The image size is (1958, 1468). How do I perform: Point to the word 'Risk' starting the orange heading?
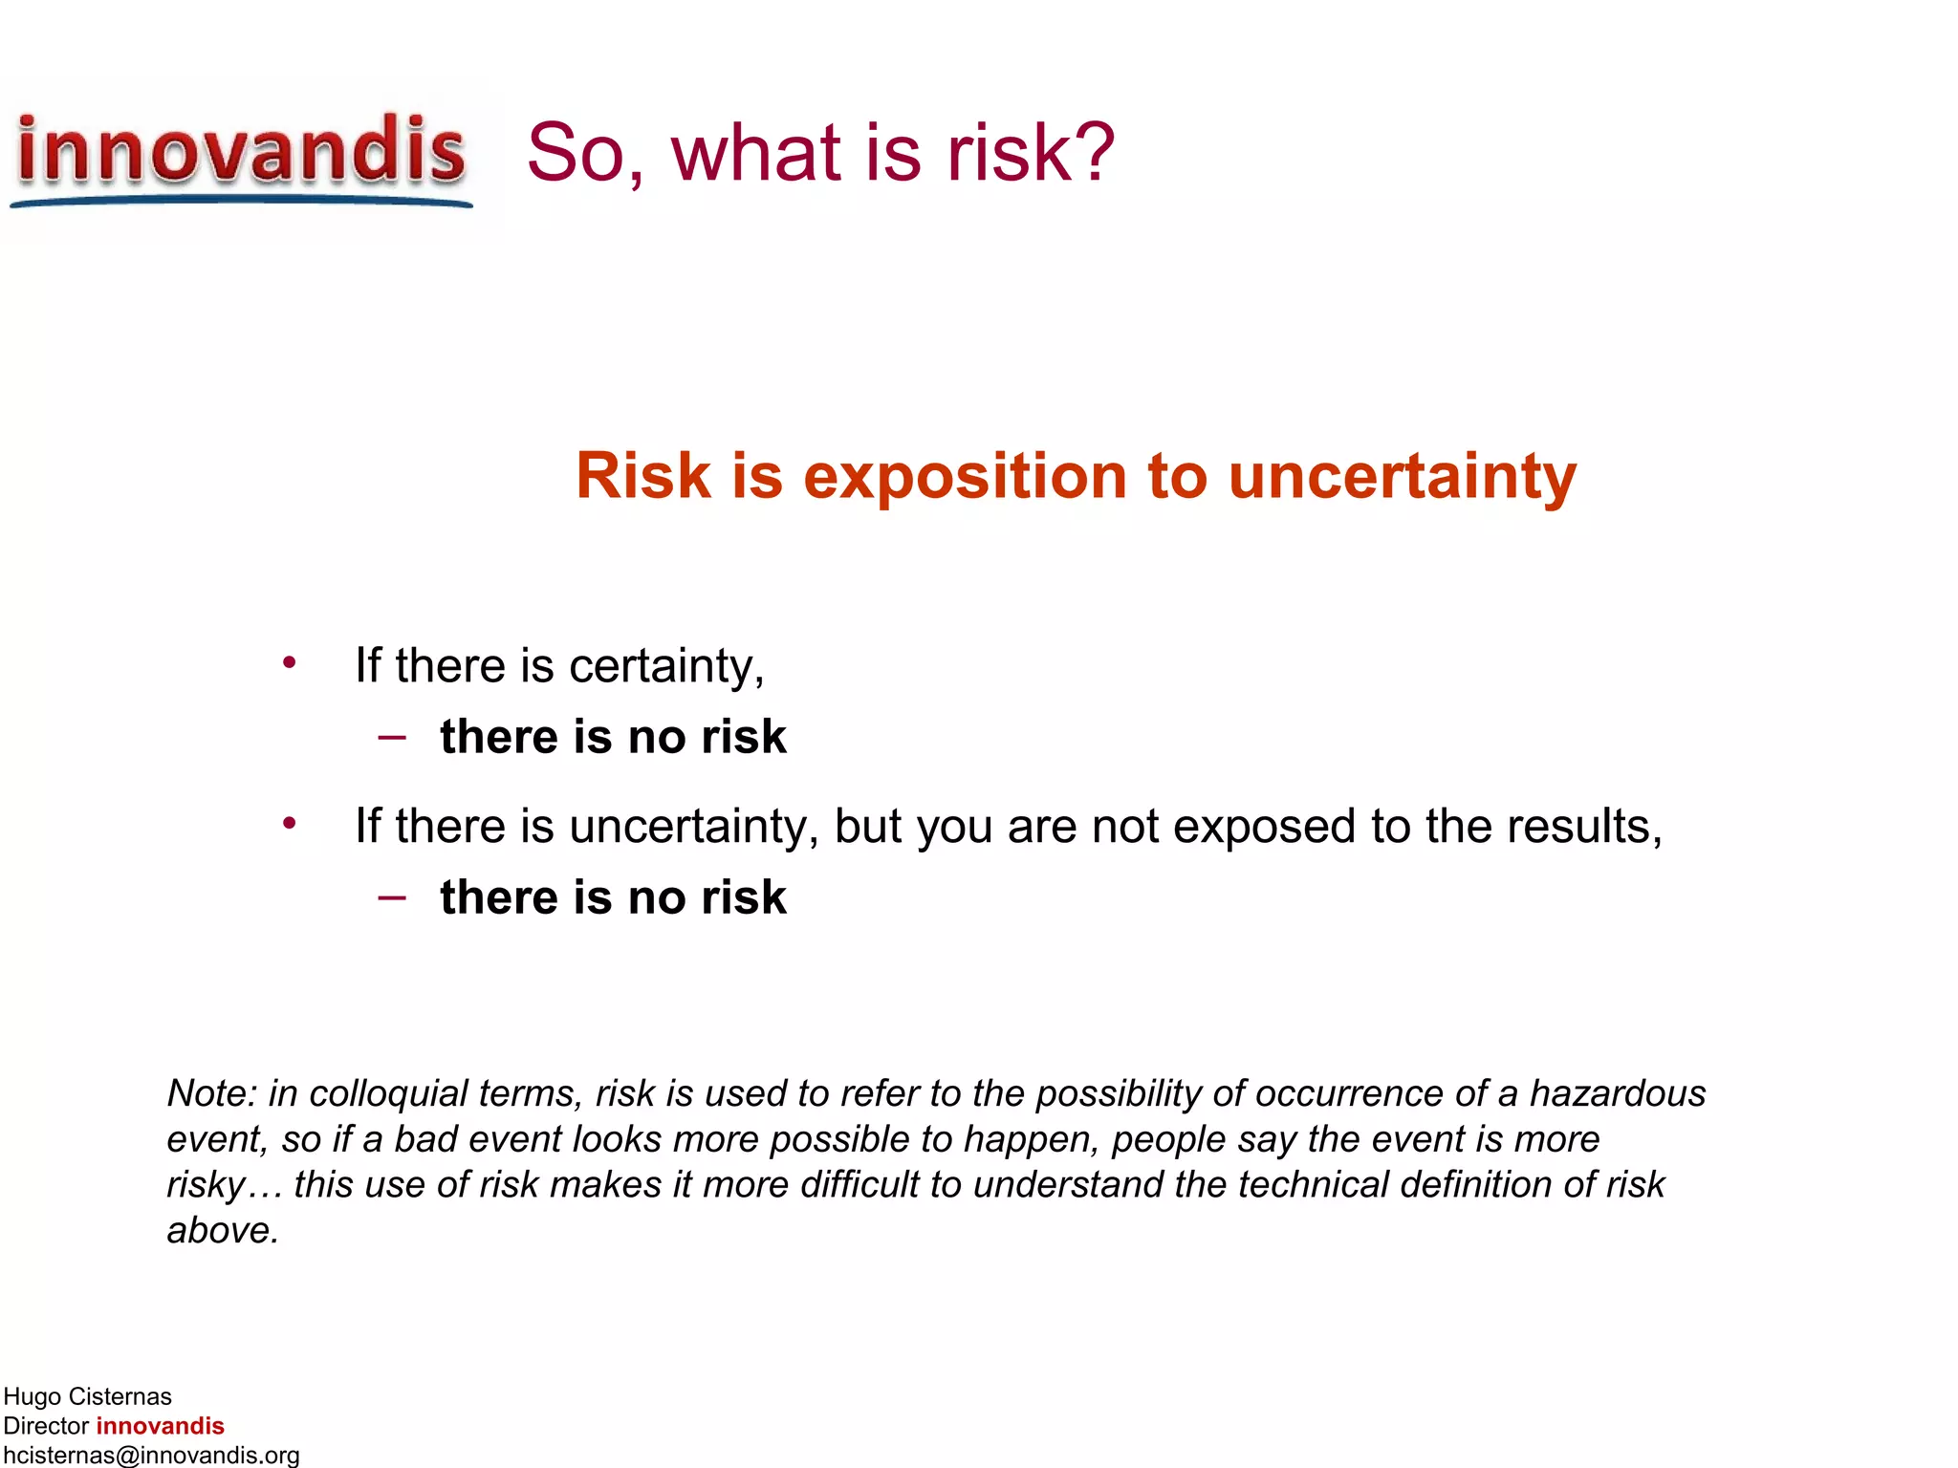[642, 475]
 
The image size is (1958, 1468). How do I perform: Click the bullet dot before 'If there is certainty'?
[289, 662]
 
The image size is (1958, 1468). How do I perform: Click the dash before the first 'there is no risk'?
[392, 737]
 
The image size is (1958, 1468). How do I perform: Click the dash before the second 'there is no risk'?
[392, 897]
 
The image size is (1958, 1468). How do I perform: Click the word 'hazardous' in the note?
[1618, 1093]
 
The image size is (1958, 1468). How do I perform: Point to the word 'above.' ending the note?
[223, 1231]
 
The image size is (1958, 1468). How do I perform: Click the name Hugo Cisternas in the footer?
[87, 1396]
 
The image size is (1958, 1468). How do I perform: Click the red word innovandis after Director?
[160, 1426]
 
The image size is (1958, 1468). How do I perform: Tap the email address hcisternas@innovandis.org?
[151, 1455]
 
